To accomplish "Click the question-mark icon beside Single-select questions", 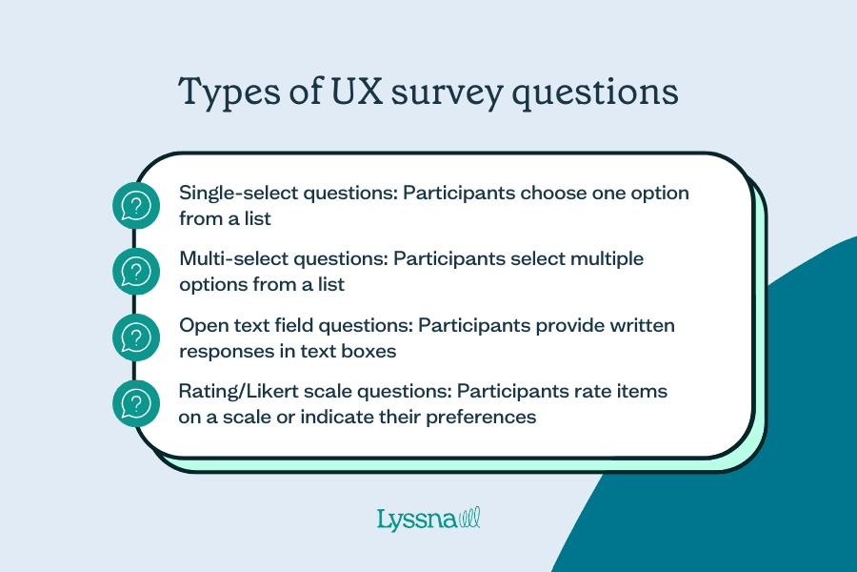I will pyautogui.click(x=137, y=205).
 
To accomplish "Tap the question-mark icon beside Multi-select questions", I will pyautogui.click(x=137, y=271).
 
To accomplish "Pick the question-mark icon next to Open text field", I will pyautogui.click(x=137, y=337).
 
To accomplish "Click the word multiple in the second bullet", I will pyautogui.click(x=608, y=259).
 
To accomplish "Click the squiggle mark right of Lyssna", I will pyautogui.click(x=469, y=519).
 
